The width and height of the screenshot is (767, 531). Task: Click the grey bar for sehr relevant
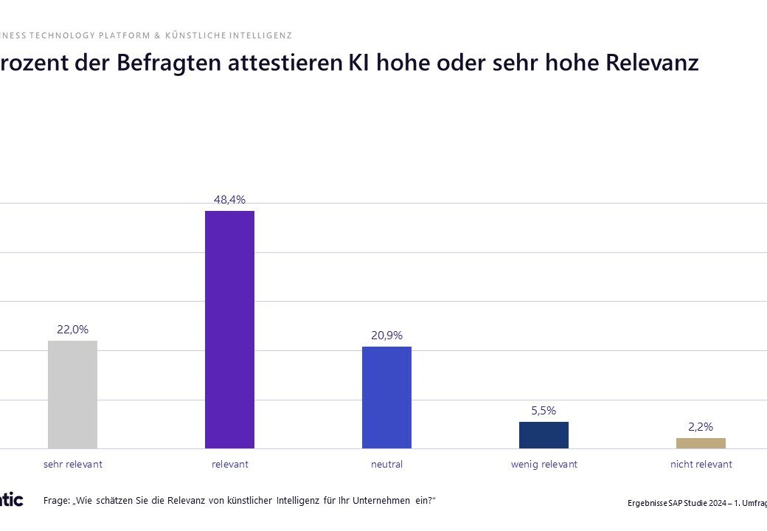point(72,395)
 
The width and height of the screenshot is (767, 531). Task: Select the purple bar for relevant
point(229,330)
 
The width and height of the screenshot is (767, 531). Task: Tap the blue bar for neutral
point(386,398)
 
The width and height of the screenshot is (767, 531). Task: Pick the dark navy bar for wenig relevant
point(544,435)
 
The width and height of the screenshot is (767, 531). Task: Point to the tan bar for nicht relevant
point(701,443)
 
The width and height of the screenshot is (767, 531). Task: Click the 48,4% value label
point(229,199)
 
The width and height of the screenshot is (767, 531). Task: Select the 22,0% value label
point(72,329)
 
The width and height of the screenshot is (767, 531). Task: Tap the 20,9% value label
point(386,335)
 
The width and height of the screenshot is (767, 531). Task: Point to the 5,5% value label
point(544,410)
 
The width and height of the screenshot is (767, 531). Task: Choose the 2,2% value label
point(701,426)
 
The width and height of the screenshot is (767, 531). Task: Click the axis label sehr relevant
point(72,465)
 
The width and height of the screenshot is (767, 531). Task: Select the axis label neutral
point(386,465)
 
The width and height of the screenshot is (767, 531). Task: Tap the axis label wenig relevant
point(544,465)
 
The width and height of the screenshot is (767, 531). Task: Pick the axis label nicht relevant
point(701,465)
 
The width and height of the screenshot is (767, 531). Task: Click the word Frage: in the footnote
point(58,501)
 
